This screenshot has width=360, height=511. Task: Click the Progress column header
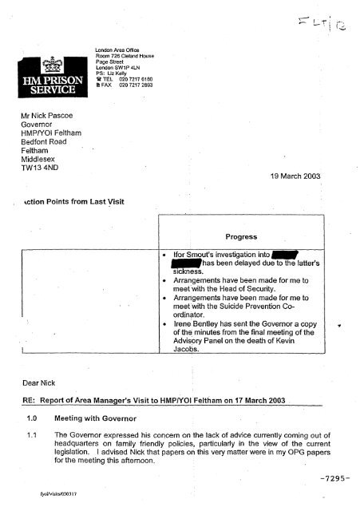pyautogui.click(x=239, y=236)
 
